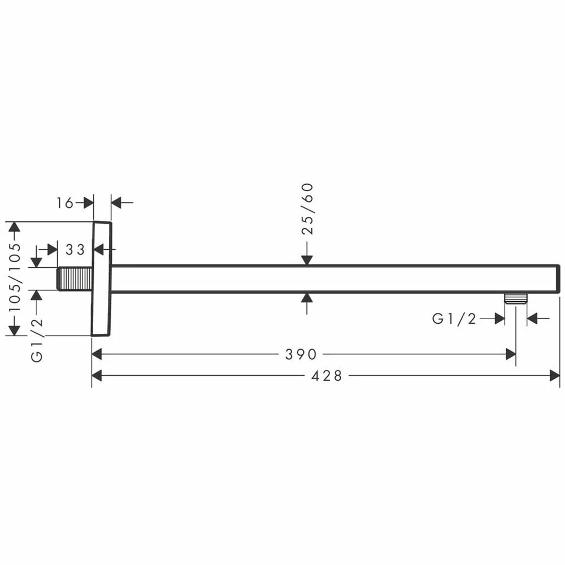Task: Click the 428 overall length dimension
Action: (x=327, y=376)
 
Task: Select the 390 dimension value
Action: (x=301, y=355)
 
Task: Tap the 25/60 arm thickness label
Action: (x=307, y=209)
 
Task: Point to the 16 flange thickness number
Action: (x=64, y=203)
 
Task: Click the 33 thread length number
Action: (x=75, y=249)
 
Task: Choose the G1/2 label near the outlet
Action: (x=454, y=319)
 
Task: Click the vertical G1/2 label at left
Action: (x=37, y=340)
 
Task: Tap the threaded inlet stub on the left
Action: (x=75, y=279)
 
